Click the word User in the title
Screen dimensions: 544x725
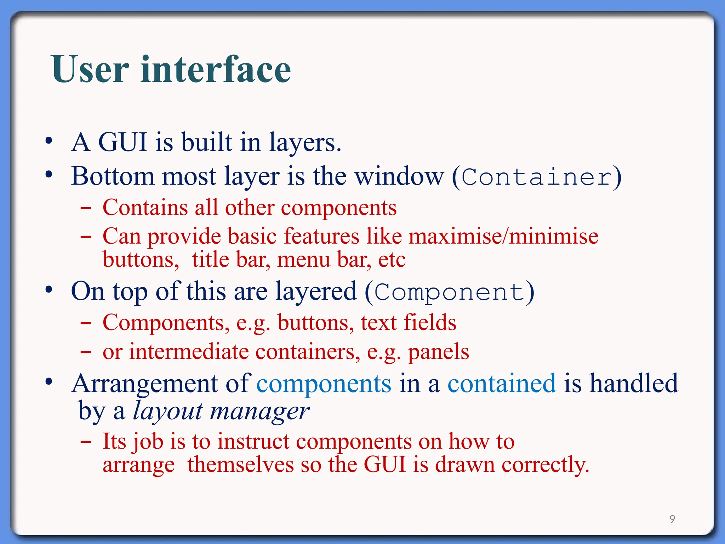coord(90,69)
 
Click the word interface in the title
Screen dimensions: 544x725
coord(216,69)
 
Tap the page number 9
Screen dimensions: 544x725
coord(672,519)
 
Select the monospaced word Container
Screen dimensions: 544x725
coord(537,177)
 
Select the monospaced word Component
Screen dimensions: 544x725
coord(449,293)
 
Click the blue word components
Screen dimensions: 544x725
coord(324,384)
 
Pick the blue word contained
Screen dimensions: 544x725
coord(502,384)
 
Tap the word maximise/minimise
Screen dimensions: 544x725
coord(503,236)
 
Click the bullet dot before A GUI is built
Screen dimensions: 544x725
coord(49,141)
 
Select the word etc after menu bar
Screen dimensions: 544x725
coord(392,260)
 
